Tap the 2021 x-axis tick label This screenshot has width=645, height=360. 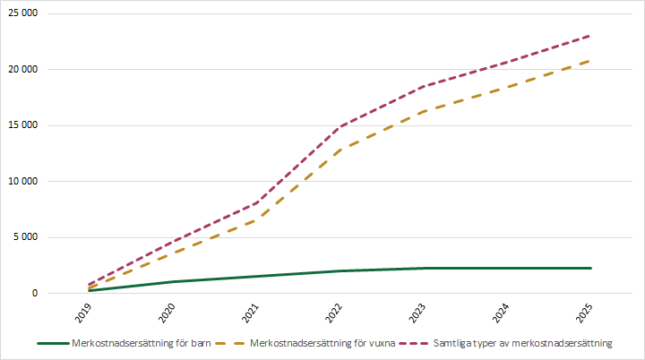252,313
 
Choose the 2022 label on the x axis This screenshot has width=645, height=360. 336,313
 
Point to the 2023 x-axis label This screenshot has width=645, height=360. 419,313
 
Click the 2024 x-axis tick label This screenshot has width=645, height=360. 503,313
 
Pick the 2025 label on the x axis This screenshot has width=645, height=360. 586,313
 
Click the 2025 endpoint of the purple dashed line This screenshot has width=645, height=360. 590,36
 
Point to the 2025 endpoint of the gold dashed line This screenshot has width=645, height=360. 590,60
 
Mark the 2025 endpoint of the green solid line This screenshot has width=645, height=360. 590,268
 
